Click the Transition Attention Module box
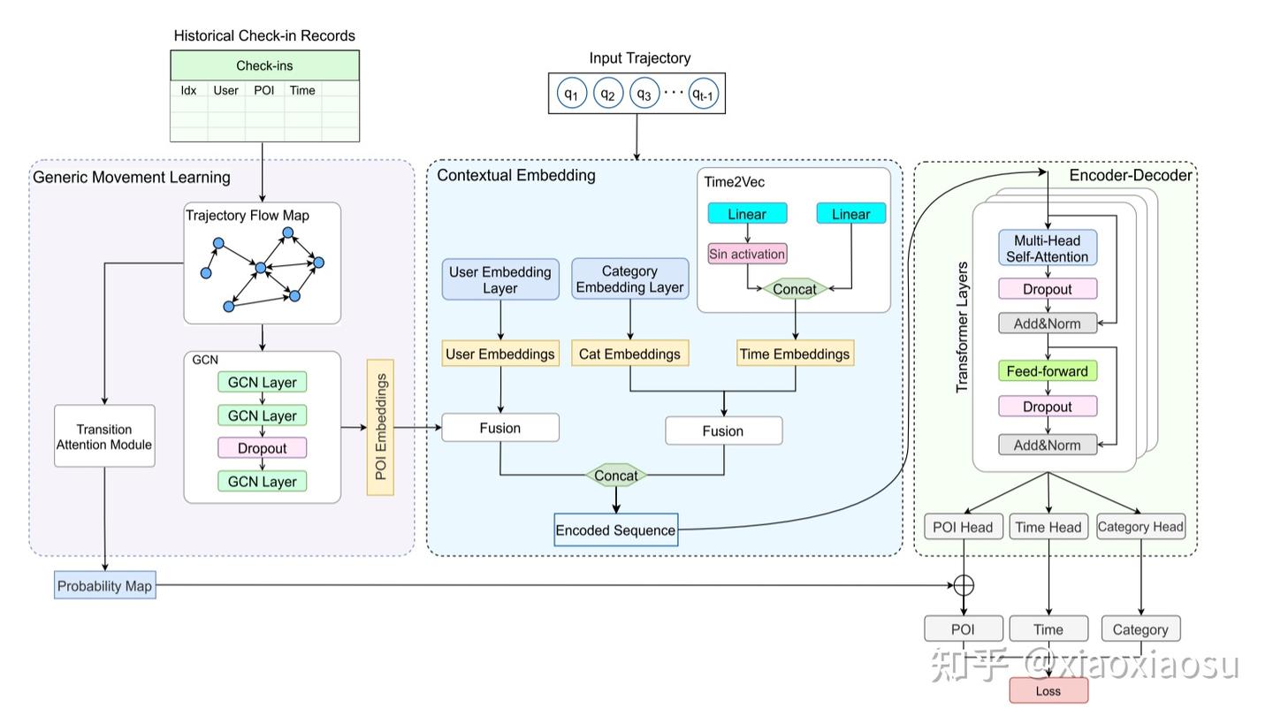(104, 437)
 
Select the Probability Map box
(104, 586)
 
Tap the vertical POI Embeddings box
(380, 427)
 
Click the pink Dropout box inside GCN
(262, 448)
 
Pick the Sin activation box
(747, 254)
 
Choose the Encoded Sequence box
(615, 530)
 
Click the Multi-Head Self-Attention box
(1048, 248)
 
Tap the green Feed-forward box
(1048, 371)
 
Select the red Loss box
(1048, 691)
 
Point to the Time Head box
(1048, 527)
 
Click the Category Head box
(1140, 527)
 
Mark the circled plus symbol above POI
(964, 585)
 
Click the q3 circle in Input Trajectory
(644, 93)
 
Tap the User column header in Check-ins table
(225, 90)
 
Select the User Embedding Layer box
(500, 279)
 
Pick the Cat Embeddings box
(629, 354)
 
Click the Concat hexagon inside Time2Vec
(795, 289)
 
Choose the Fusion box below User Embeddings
(500, 428)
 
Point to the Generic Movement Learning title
(132, 177)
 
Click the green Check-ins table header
(264, 65)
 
